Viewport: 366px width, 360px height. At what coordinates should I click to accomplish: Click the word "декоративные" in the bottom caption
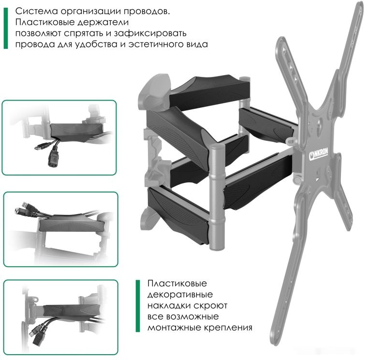point(180,294)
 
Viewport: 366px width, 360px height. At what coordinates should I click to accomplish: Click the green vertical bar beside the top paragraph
point(6,28)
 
